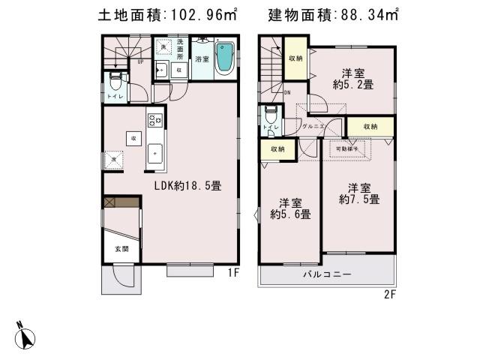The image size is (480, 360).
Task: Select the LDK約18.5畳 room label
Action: pyautogui.click(x=187, y=185)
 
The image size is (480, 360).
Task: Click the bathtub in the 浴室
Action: pyautogui.click(x=224, y=58)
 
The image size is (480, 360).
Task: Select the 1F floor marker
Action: pyautogui.click(x=234, y=274)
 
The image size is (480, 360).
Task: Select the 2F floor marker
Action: pyautogui.click(x=389, y=294)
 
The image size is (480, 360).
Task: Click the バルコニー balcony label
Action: pyautogui.click(x=328, y=274)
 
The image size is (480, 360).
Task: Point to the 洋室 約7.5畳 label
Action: pyautogui.click(x=358, y=193)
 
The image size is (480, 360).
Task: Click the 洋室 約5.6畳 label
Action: pyautogui.click(x=290, y=208)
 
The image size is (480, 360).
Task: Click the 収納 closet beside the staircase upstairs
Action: pyautogui.click(x=295, y=58)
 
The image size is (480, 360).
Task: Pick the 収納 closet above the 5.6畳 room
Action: pyautogui.click(x=277, y=149)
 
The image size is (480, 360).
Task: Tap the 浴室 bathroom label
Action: pyautogui.click(x=202, y=58)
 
